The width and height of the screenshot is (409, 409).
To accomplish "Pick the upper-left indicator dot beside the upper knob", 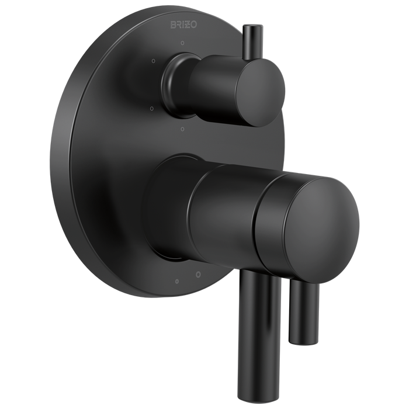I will [x=152, y=61].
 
